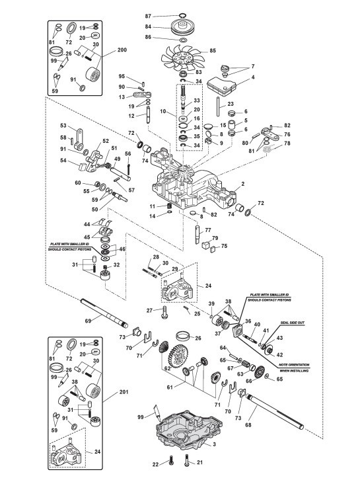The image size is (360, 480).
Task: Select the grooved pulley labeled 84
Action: [182, 26]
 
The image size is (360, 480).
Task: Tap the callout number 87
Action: [148, 16]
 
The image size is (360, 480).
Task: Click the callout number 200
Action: [122, 50]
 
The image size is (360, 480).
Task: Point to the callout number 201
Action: [124, 392]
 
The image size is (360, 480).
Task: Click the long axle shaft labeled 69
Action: [104, 313]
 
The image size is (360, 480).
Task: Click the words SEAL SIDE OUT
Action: [293, 323]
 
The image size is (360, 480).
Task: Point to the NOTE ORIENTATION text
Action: [294, 365]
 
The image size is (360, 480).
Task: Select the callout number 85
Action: [213, 50]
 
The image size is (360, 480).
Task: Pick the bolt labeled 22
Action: [171, 460]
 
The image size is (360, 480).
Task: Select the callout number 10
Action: [163, 111]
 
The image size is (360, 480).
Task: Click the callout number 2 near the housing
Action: [243, 184]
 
